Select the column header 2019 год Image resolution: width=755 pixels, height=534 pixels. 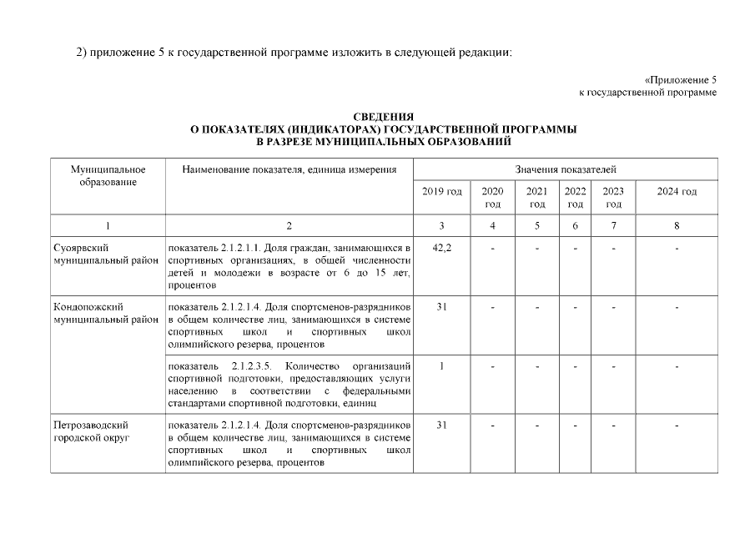click(442, 192)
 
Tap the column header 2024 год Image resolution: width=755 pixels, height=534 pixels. click(677, 192)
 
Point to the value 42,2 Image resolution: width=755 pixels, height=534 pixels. click(442, 248)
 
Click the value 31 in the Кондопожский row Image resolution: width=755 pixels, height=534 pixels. click(442, 307)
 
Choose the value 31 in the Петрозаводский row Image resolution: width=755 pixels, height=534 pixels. click(442, 426)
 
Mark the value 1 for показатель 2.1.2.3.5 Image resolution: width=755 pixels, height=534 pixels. click(442, 366)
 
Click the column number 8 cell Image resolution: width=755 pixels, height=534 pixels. click(677, 225)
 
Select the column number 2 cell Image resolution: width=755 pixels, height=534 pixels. click(289, 225)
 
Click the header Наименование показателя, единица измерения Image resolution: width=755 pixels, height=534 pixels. click(289, 169)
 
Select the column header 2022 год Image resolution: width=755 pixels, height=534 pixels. click(575, 198)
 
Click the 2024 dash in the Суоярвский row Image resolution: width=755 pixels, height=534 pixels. click(677, 248)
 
